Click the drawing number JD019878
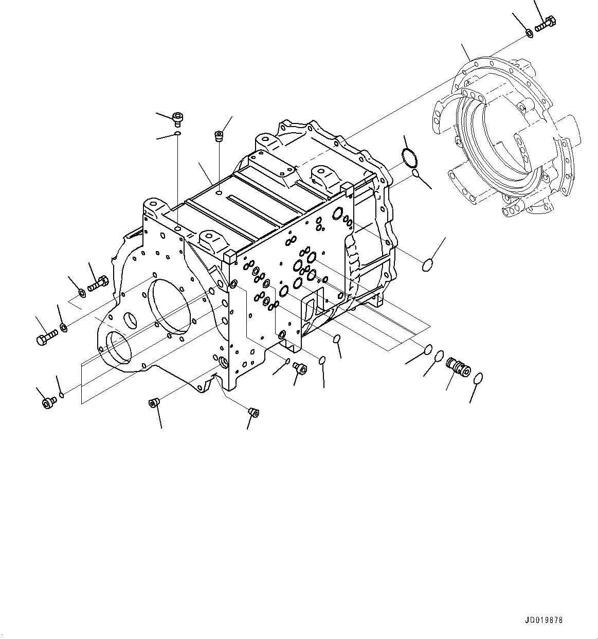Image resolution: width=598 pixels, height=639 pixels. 544,620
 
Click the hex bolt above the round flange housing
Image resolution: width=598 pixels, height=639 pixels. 546,24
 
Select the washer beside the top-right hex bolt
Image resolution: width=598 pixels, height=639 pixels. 529,34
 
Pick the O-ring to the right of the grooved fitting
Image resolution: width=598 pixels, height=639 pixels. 477,379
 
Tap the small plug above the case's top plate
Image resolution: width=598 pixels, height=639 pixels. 219,136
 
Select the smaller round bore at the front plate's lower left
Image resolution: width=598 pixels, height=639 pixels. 116,346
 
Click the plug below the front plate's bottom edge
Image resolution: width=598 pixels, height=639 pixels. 153,402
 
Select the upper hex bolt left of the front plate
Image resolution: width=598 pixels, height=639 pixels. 97,283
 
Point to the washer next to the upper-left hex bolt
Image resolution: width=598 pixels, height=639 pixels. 82,294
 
